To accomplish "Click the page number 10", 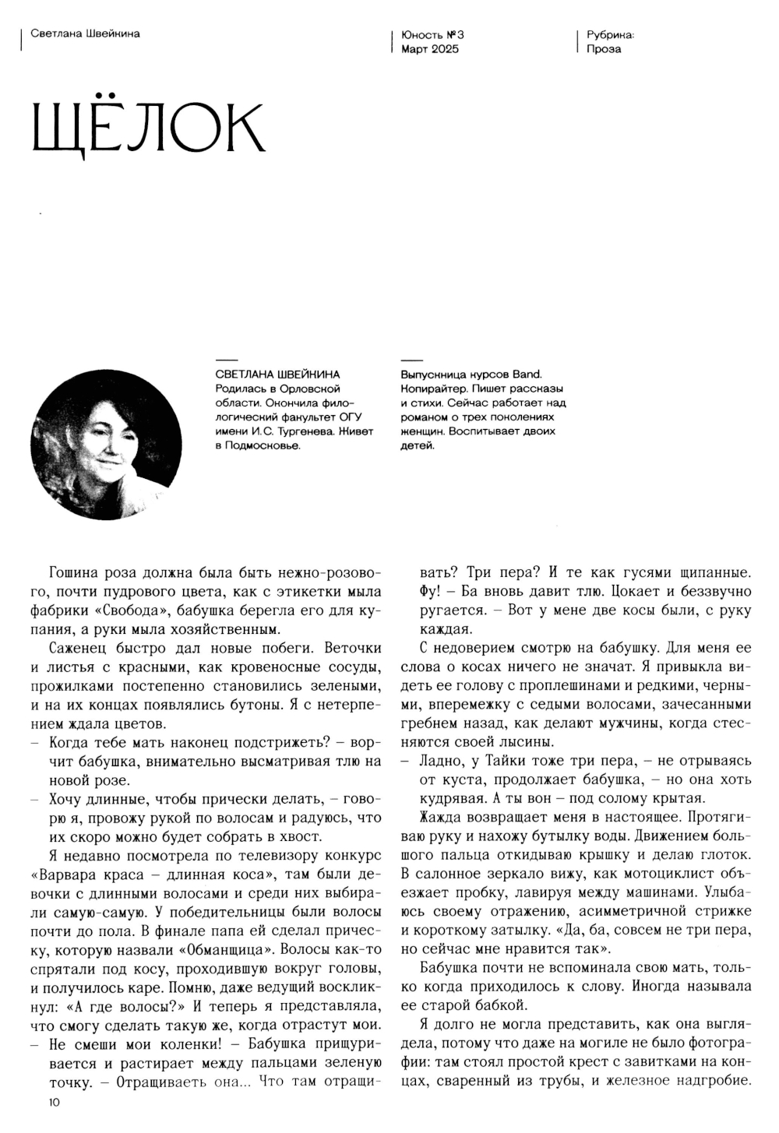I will (53, 1102).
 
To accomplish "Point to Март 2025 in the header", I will (430, 49).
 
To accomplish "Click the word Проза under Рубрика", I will (605, 49).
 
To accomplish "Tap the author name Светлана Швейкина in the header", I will (85, 33).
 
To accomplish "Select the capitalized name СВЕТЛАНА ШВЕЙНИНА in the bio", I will (277, 375).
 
